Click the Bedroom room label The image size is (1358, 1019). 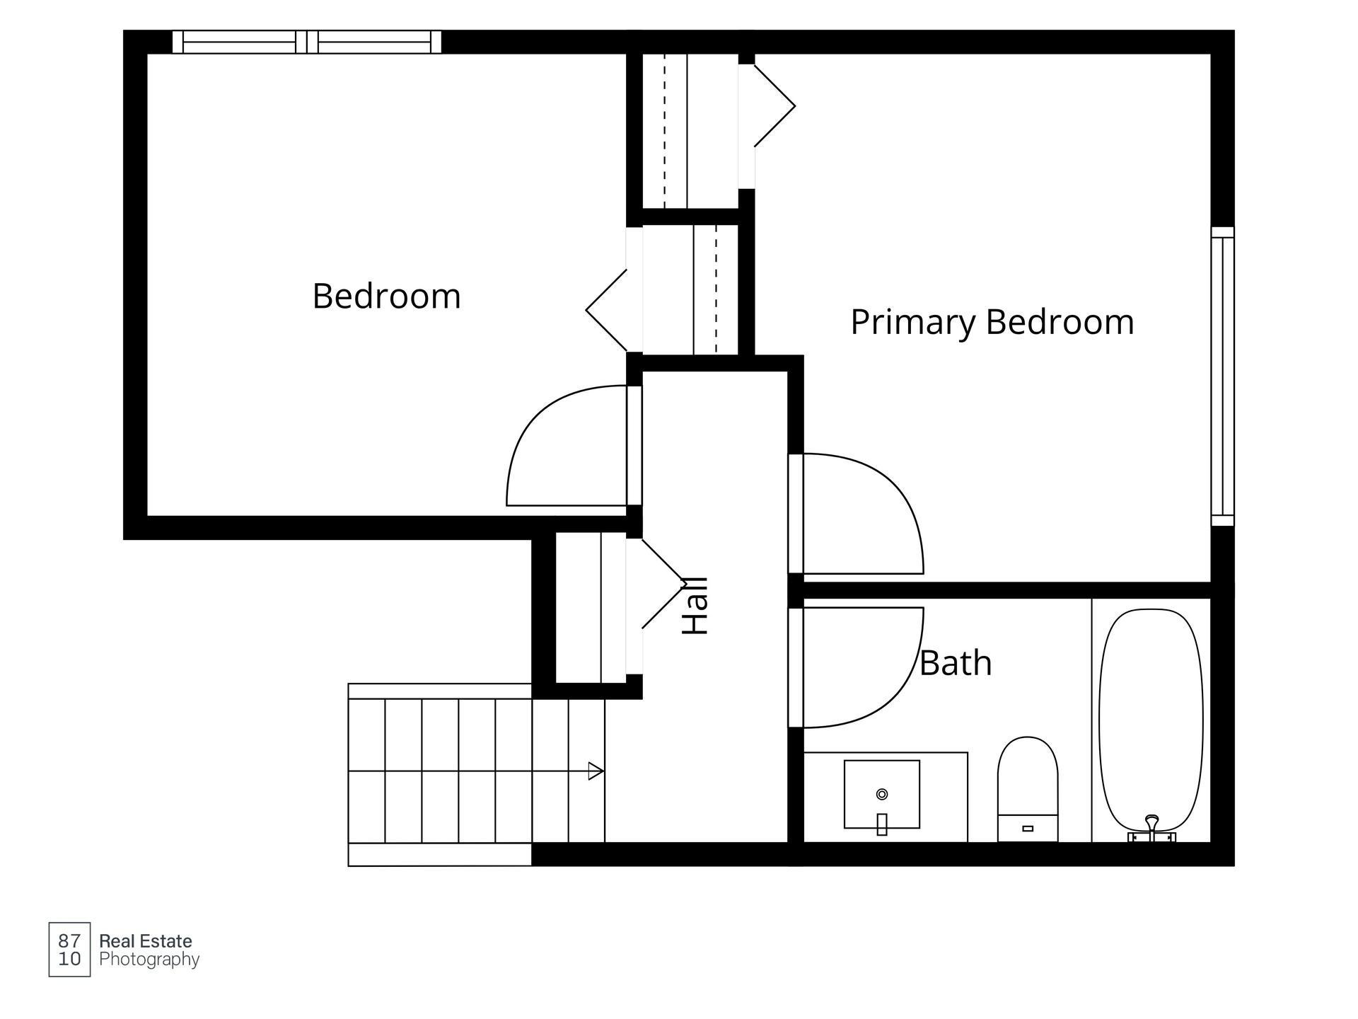tap(386, 296)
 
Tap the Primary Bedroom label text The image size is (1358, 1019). tap(992, 323)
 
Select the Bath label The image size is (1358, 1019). tap(956, 663)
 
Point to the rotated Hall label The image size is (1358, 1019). tap(695, 606)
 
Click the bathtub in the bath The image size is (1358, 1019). tap(1151, 722)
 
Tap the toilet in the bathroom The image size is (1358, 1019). tap(1028, 789)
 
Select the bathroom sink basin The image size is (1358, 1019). tap(882, 794)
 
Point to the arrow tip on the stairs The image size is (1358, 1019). tap(603, 771)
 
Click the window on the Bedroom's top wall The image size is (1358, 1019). tap(307, 42)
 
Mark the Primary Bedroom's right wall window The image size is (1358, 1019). tap(1222, 376)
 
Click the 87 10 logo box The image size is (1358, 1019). tap(69, 950)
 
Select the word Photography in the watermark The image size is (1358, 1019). tap(149, 960)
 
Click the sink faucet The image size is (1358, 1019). tap(882, 824)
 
